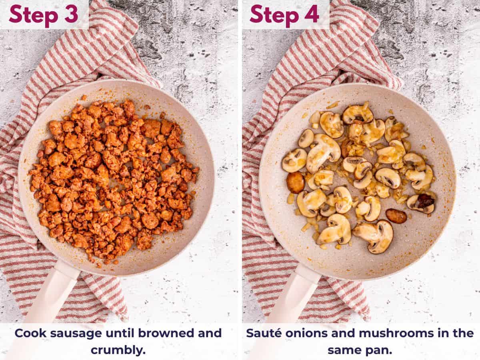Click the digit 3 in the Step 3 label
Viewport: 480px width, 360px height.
coord(70,14)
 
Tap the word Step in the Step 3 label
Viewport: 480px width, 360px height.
coord(34,16)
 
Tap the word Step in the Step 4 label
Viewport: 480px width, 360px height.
coord(274,16)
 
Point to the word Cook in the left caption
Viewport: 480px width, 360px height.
coord(30,333)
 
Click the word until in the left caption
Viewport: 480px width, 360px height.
coord(120,333)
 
